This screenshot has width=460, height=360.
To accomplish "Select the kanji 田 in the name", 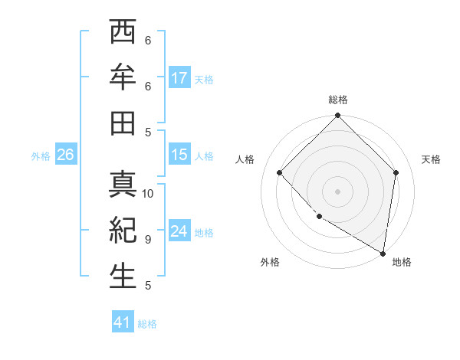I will (123, 122).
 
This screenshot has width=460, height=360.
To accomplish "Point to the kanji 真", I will (123, 185).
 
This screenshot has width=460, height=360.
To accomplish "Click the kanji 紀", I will (123, 230).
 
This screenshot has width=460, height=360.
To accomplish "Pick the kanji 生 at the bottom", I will (123, 275).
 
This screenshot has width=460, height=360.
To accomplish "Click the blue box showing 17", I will (179, 77).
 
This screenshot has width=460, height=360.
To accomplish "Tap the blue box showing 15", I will (179, 154).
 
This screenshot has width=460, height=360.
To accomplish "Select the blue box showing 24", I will (179, 231).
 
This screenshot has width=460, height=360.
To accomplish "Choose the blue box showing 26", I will (65, 155).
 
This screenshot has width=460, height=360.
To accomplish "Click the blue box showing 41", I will (123, 322).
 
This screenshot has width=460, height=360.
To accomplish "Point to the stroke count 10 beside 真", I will (148, 193).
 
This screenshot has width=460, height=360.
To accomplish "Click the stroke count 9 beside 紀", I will (148, 239).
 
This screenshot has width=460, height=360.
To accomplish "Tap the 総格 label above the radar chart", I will (338, 100).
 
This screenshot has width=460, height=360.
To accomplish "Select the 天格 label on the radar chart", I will (431, 159).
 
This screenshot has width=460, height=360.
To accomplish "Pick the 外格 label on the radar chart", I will (270, 262).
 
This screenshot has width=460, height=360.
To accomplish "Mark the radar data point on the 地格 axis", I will (383, 253).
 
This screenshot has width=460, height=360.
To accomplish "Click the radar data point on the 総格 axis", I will (338, 116).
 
